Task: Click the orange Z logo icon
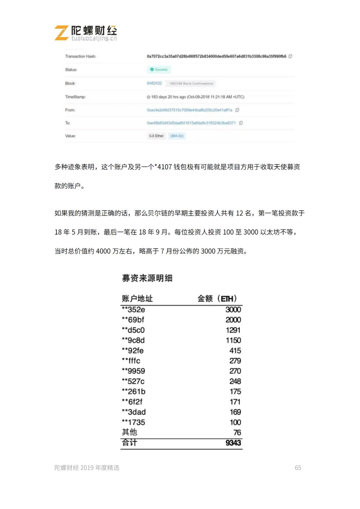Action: (x=61, y=33)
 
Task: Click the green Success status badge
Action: (x=159, y=70)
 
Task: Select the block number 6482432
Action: (x=154, y=83)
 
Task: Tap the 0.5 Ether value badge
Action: (x=156, y=136)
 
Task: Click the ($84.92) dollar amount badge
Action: (x=177, y=136)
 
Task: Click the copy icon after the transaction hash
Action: (x=290, y=56)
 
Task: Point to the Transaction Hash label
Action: (x=80, y=56)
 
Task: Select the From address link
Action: (x=189, y=110)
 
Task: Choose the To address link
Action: (x=191, y=123)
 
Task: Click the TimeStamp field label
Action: (x=75, y=97)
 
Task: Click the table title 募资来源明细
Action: (x=147, y=278)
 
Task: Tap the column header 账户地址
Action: (x=137, y=298)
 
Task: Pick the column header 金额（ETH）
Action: (x=217, y=298)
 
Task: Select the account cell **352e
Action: (x=133, y=310)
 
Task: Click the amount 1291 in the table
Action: (x=233, y=330)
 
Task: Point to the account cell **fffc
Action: (x=131, y=361)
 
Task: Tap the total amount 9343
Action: (x=233, y=443)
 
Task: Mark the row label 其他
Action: (x=129, y=432)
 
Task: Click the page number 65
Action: (x=298, y=468)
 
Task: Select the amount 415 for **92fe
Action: (x=235, y=351)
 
